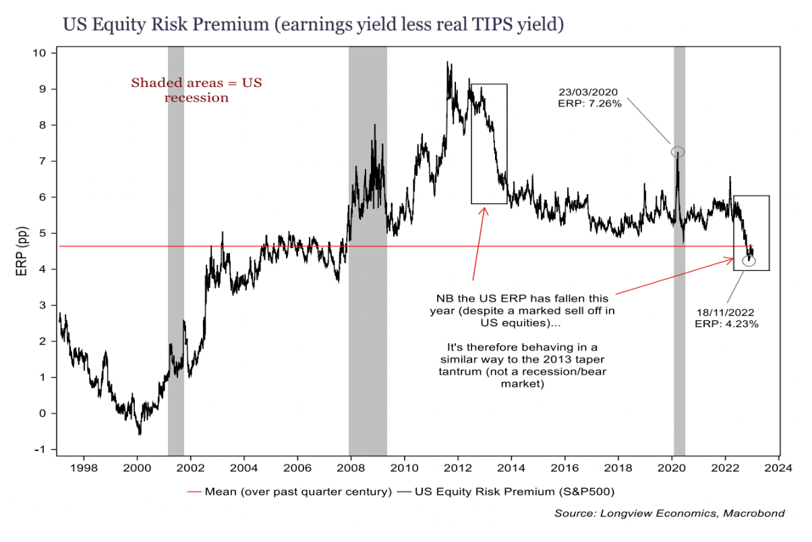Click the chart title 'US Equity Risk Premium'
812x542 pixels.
pos(313,25)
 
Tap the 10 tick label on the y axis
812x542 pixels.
pos(42,53)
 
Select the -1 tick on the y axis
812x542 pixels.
pos(42,450)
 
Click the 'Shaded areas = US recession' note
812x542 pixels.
pos(196,90)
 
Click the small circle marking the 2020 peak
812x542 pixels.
pos(678,152)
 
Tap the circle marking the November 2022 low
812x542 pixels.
pos(749,261)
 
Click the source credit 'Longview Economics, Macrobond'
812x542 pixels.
pos(670,514)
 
